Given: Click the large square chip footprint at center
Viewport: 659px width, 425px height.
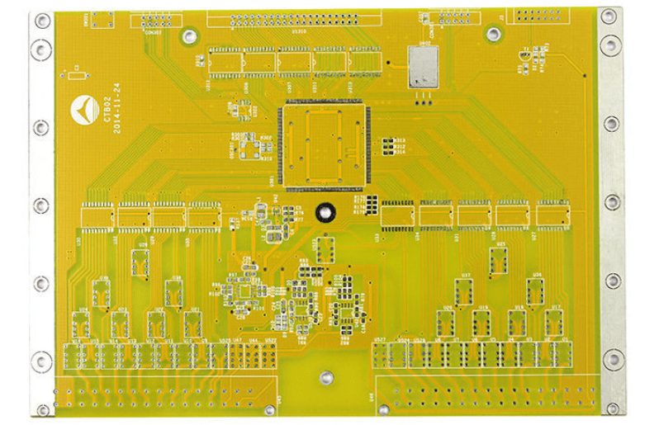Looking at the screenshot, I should click(x=323, y=144).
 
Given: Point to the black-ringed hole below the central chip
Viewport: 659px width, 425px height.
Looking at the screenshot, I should click(x=325, y=212).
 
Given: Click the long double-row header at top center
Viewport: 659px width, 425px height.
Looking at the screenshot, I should click(x=294, y=18).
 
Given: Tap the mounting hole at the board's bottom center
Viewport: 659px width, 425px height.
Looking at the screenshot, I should click(x=327, y=378).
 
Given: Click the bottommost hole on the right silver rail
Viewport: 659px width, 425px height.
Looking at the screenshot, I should click(x=612, y=405).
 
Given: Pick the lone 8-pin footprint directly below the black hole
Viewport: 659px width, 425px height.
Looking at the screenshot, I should click(x=325, y=248).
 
